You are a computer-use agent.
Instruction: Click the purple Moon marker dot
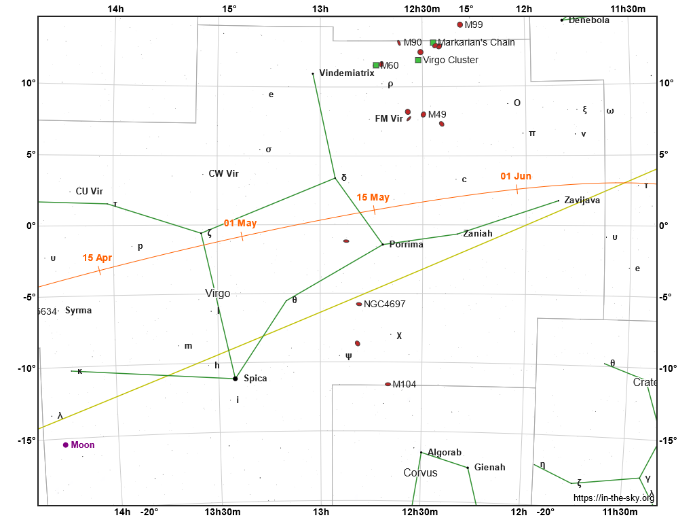pyautogui.click(x=66, y=445)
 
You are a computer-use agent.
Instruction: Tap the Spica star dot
pyautogui.click(x=236, y=379)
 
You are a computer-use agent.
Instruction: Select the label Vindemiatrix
pyautogui.click(x=346, y=73)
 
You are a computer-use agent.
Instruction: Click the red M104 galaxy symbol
pyautogui.click(x=388, y=384)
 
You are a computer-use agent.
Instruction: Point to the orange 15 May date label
pyautogui.click(x=373, y=198)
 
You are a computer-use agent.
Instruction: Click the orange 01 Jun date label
pyautogui.click(x=516, y=177)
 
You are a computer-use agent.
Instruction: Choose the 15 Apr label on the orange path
pyautogui.click(x=97, y=258)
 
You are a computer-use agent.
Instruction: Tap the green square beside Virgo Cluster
pyautogui.click(x=418, y=60)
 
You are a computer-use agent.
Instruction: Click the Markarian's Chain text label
pyautogui.click(x=476, y=42)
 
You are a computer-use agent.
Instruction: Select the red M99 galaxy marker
pyautogui.click(x=460, y=24)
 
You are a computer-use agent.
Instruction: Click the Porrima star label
pyautogui.click(x=406, y=245)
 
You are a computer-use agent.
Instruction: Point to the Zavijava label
pyautogui.click(x=582, y=201)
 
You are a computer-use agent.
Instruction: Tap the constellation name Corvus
pyautogui.click(x=420, y=473)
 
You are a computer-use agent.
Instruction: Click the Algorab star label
pyautogui.click(x=445, y=453)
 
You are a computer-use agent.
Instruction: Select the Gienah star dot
pyautogui.click(x=468, y=468)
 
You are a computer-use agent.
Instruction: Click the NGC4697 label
pyautogui.click(x=384, y=304)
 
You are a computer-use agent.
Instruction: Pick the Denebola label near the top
pyautogui.click(x=588, y=20)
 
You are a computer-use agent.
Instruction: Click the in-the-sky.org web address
pyautogui.click(x=614, y=498)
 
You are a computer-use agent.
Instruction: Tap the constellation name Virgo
pyautogui.click(x=217, y=294)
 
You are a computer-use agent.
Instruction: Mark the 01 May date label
pyautogui.click(x=240, y=224)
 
